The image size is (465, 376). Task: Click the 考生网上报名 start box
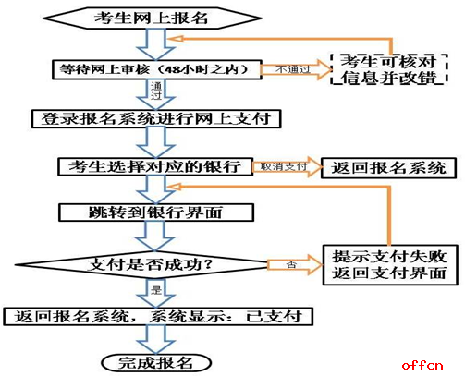pos(153,18)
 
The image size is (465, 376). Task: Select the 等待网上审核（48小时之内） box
pos(157,69)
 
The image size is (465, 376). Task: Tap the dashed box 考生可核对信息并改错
pos(388,69)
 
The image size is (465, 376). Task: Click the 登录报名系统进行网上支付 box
pos(156,118)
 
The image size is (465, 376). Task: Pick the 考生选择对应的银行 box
pos(155,167)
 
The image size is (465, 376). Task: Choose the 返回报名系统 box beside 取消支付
pos(388,168)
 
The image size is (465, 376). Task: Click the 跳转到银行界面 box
pos(156,212)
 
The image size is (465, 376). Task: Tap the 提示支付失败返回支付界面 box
pos(390,265)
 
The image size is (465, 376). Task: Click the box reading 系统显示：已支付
pos(158,316)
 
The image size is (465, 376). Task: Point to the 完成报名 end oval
pos(156,363)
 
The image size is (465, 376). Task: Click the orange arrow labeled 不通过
pos(295,69)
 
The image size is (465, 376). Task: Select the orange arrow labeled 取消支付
pos(287,167)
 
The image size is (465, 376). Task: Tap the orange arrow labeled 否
pos(294,264)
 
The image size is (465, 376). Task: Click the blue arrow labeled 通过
pos(156,94)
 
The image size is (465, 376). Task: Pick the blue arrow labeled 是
pos(156,293)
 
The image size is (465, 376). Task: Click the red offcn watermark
pos(422,365)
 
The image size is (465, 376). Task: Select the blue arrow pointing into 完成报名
pos(156,340)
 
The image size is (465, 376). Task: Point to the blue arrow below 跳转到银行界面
pos(155,237)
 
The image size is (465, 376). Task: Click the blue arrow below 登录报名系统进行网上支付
pos(156,143)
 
